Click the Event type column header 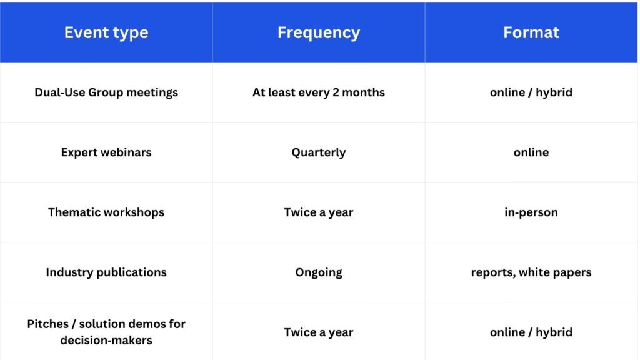coord(106,32)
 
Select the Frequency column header coord(319,32)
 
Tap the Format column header coord(531,32)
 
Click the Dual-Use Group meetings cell coord(106,92)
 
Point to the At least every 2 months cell coord(319,92)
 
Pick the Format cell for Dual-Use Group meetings coord(531,92)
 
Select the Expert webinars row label coord(106,152)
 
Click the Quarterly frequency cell coord(319,152)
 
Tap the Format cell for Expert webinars coord(531,152)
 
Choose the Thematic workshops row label coord(106,212)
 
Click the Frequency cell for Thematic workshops coord(319,212)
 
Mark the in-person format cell coord(531,212)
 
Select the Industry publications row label coord(106,272)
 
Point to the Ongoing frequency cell coord(319,272)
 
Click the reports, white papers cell coord(531,272)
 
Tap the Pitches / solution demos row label coord(106,332)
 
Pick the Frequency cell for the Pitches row coord(319,332)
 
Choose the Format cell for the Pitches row coord(531,332)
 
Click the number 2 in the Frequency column coord(336,92)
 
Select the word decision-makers coord(106,340)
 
